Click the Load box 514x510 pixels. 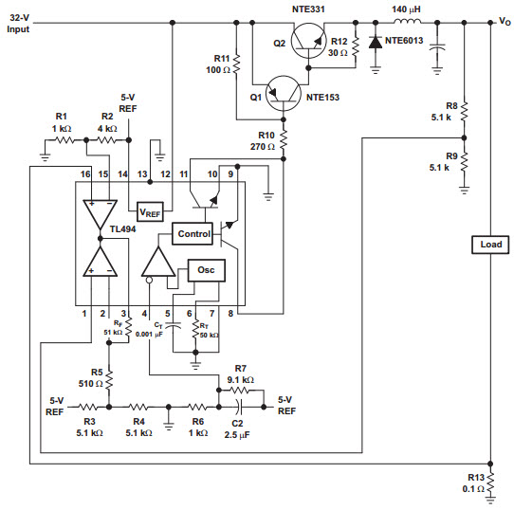tap(490, 245)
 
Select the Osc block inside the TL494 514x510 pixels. tap(206, 270)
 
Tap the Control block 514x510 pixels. tap(193, 234)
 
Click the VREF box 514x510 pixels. tap(150, 211)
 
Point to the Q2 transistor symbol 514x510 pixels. tap(308, 41)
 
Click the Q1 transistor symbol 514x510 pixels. tap(284, 94)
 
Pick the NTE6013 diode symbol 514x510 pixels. tap(376, 43)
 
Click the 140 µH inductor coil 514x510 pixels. tap(408, 22)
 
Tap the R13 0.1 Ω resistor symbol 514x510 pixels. tap(490, 482)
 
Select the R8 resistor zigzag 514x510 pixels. tap(464, 112)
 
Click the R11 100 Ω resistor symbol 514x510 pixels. tap(236, 64)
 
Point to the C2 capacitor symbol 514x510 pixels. tap(241, 407)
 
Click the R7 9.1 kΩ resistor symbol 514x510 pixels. tap(241, 390)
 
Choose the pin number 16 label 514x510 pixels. tap(85, 174)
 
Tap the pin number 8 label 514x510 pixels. tap(230, 314)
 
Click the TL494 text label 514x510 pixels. tap(122, 228)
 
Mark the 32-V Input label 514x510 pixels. tap(18, 24)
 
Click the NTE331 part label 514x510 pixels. tap(308, 9)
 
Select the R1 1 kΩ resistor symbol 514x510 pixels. tap(65, 140)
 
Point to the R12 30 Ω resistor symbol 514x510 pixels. tap(356, 47)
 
